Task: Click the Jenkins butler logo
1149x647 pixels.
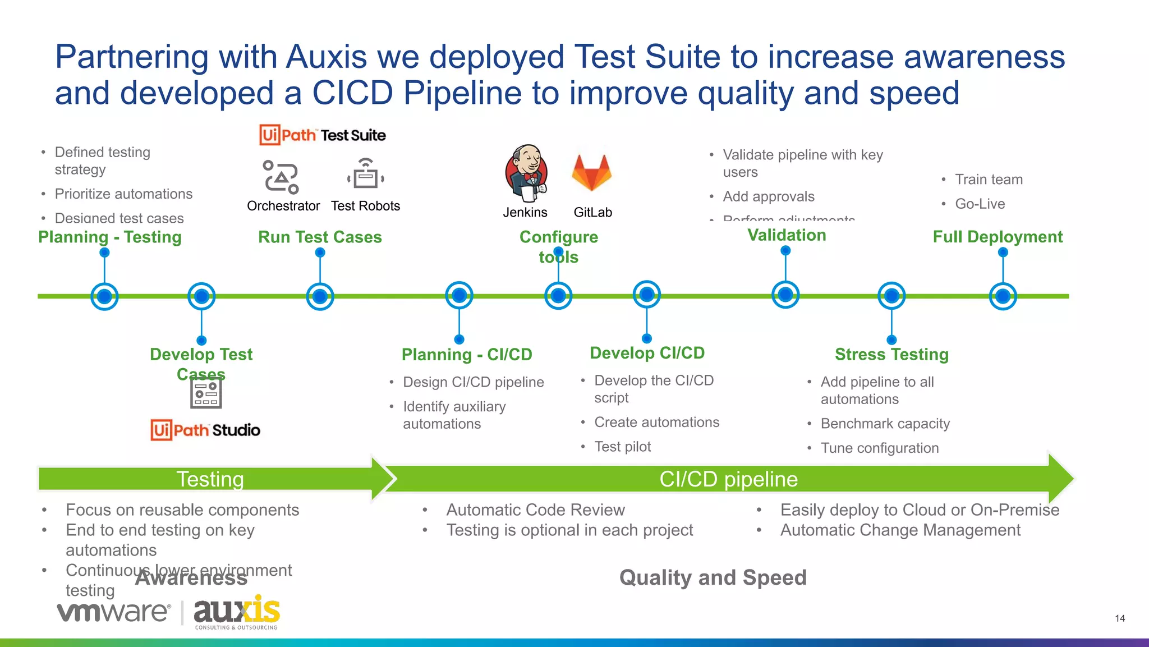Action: click(x=526, y=173)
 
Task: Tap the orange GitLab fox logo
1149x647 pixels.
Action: click(x=591, y=172)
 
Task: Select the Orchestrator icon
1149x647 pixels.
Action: click(x=281, y=177)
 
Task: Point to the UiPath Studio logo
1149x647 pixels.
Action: click(x=205, y=430)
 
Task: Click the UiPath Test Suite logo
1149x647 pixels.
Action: click(x=323, y=135)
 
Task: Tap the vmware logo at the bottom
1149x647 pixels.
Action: click(x=113, y=612)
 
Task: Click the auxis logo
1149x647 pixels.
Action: click(x=236, y=612)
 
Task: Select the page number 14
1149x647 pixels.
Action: click(x=1120, y=618)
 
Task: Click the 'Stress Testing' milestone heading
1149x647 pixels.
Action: click(x=891, y=355)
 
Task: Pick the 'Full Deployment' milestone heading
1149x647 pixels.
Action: click(x=998, y=237)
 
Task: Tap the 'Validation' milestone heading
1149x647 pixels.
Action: click(x=787, y=235)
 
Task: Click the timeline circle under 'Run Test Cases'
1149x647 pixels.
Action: click(x=320, y=296)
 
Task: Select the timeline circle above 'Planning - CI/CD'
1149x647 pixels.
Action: click(x=459, y=295)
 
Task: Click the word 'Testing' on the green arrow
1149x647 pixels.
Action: click(x=210, y=479)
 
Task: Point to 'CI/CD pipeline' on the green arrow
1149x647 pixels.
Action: click(x=728, y=479)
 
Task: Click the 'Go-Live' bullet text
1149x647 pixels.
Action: click(x=980, y=204)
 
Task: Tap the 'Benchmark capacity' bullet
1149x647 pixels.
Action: click(x=885, y=424)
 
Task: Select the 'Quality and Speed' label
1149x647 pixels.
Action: click(x=713, y=577)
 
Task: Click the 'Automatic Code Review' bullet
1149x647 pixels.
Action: click(x=535, y=510)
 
